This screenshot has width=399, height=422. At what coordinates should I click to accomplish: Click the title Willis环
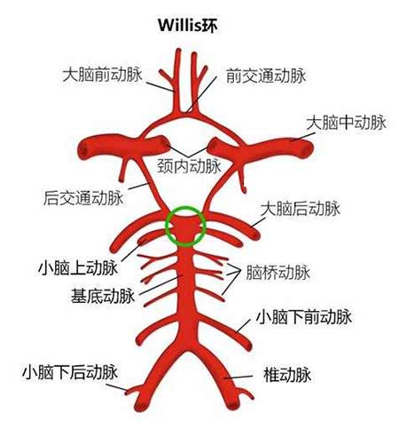[x=188, y=26]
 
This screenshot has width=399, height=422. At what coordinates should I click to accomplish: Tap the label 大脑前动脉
[x=102, y=75]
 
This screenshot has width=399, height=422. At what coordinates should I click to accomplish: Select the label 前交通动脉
[x=266, y=76]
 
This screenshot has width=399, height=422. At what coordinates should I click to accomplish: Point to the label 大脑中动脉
[x=346, y=123]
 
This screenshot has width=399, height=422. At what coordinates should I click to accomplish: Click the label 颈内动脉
[x=189, y=166]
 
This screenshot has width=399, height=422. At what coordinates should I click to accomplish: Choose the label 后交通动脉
[x=83, y=198]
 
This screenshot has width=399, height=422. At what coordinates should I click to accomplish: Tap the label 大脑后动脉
[x=301, y=209]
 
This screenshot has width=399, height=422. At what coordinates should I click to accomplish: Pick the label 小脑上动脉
[x=78, y=268]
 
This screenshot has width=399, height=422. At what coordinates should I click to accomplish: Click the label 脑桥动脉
[x=278, y=273]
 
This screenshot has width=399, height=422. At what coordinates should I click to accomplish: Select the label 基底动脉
[x=103, y=296]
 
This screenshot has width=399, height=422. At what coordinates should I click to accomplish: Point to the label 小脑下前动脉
[x=304, y=317]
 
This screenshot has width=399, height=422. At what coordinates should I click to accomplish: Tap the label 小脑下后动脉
[x=70, y=372]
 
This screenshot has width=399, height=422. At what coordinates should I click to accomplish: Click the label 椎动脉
[x=287, y=375]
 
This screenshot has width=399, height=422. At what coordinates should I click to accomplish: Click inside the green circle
[x=185, y=227]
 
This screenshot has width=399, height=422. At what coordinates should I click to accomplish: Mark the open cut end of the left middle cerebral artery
[x=84, y=150]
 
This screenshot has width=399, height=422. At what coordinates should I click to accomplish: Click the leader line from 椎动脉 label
[x=238, y=378]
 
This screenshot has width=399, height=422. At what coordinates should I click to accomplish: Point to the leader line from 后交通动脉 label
[x=139, y=186]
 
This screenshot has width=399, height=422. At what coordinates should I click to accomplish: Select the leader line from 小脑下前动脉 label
[x=244, y=326]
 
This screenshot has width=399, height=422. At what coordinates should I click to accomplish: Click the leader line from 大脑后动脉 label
[x=258, y=222]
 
